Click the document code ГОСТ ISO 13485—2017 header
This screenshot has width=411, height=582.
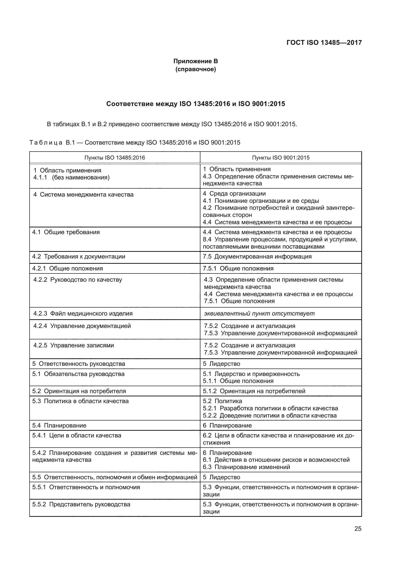pos(324,43)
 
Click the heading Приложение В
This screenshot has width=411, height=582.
pos(195,61)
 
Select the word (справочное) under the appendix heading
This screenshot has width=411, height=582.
pos(195,69)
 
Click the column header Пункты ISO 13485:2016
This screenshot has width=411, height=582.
pos(114,158)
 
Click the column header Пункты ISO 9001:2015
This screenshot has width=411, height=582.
pos(280,158)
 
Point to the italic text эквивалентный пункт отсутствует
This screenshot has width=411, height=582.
pos(259,314)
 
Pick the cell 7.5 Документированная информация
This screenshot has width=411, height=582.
pos(257,257)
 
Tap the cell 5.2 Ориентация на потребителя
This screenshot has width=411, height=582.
pos(79,391)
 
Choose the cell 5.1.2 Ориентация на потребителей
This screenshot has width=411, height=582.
pos(254,391)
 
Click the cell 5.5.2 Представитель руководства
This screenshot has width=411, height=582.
pos(81,504)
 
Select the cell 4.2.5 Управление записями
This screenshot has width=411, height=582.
pos(73,346)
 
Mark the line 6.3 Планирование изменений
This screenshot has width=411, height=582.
pos(246,467)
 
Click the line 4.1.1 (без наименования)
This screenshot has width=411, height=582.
pos(71,177)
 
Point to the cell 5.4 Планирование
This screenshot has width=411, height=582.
pos(59,425)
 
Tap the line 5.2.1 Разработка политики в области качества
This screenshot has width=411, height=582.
pos(270,408)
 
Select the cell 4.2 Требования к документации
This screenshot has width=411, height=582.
pos(79,257)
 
